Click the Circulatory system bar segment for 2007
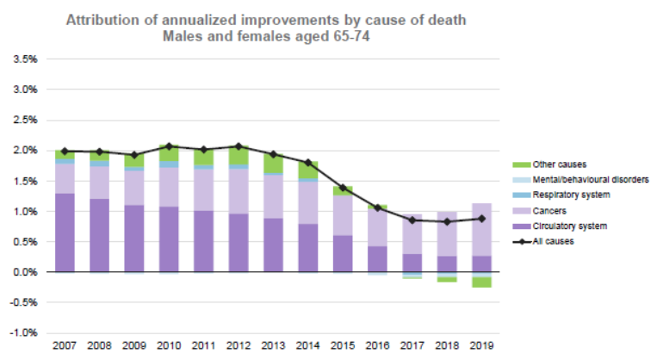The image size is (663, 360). [65, 233]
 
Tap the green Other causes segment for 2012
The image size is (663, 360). [239, 156]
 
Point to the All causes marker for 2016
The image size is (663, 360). [377, 208]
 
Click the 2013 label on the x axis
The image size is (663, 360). [273, 346]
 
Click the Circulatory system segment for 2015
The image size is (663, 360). [343, 253]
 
